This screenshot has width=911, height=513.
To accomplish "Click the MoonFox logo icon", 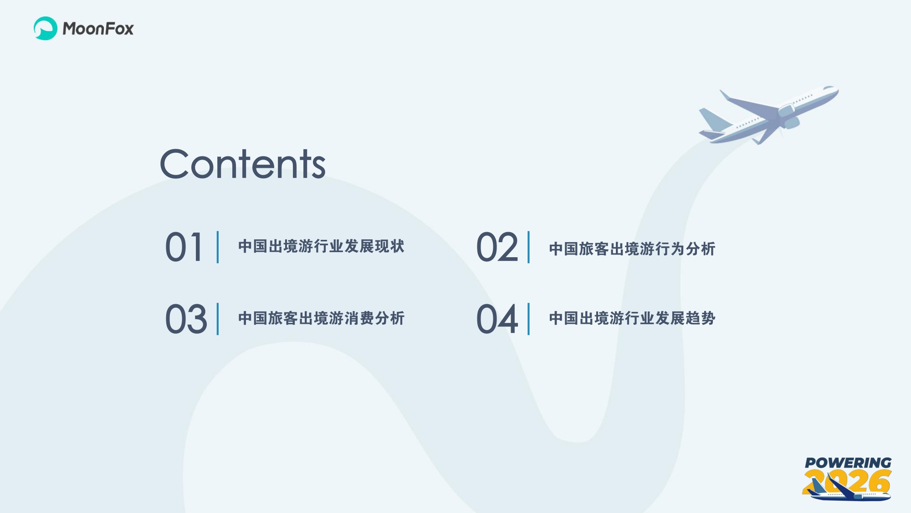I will click(x=45, y=28).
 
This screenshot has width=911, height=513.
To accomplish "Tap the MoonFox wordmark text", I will click(x=98, y=29).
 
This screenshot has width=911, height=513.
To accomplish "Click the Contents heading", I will click(x=242, y=164).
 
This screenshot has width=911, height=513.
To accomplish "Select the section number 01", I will click(x=184, y=247).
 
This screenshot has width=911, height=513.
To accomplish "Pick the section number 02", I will click(x=497, y=247).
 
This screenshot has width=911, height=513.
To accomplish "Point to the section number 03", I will click(x=186, y=319).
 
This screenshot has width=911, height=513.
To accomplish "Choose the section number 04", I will click(x=497, y=319).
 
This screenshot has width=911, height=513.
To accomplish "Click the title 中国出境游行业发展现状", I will click(x=321, y=246).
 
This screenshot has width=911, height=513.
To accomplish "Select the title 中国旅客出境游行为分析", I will click(x=632, y=249).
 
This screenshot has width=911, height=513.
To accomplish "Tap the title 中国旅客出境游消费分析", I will click(x=321, y=318).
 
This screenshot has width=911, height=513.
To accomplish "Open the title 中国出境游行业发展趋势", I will click(x=632, y=318).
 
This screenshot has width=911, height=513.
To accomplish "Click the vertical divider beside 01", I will click(x=218, y=247).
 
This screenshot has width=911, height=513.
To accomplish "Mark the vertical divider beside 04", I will click(x=529, y=319).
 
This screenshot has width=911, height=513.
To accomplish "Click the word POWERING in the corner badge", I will click(x=848, y=463).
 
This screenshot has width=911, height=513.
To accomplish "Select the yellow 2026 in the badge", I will click(x=865, y=482).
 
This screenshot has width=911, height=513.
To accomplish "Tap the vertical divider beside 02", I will click(x=529, y=247).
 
